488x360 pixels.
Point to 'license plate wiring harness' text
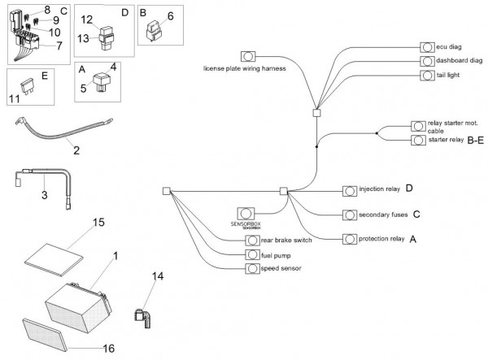tap(245, 69)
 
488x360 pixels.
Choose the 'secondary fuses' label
tap(381, 215)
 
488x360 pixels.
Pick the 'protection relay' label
tap(381, 239)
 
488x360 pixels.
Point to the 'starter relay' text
tap(447, 140)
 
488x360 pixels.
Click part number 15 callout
tap(98, 222)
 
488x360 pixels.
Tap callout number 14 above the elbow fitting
tap(157, 277)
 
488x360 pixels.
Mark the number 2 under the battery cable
tap(76, 150)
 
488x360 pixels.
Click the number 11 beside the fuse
tap(15, 99)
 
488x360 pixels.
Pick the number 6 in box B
tap(170, 15)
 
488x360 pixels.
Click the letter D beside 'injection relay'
tap(409, 189)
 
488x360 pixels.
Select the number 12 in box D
tap(109, 19)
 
